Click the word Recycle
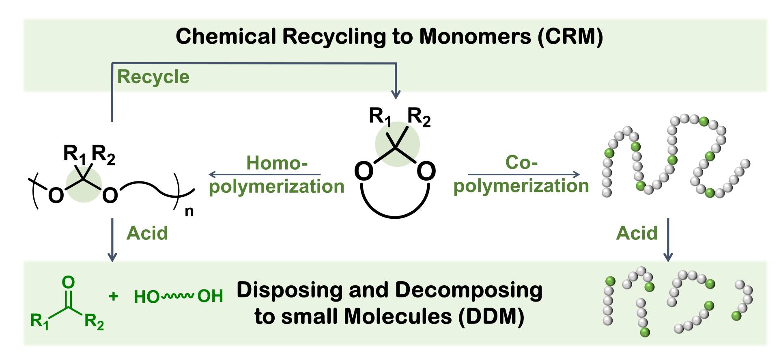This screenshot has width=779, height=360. pos(153,77)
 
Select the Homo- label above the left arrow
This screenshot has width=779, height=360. pos(277,163)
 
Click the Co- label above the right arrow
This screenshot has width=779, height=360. pos(521,162)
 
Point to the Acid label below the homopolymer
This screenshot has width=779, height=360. pos(147,233)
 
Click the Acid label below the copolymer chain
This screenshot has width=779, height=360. pos(636,233)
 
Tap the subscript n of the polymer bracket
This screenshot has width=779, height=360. pos(189,211)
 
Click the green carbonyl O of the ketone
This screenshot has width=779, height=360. pos(69,282)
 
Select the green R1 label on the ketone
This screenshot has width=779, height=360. pos(39,321)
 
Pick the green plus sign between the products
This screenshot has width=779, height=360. pos(114,296)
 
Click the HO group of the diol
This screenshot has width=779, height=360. pos(146,297)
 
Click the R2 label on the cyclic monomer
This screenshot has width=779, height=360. pos(419,117)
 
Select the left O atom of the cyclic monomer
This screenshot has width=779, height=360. pos(364,171)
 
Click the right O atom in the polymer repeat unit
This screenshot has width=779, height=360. pos(110,195)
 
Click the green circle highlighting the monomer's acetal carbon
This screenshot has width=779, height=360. pos(397,144)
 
